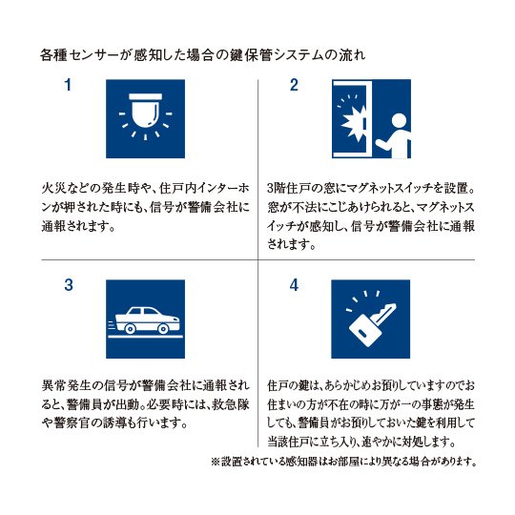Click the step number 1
click(68, 85)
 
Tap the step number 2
click(294, 85)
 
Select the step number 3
click(69, 285)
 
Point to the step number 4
click(294, 285)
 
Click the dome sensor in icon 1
click(145, 111)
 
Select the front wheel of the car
click(163, 328)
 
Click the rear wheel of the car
click(130, 328)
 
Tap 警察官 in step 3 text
click(72, 423)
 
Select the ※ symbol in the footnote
click(216, 463)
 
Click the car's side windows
click(143, 311)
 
